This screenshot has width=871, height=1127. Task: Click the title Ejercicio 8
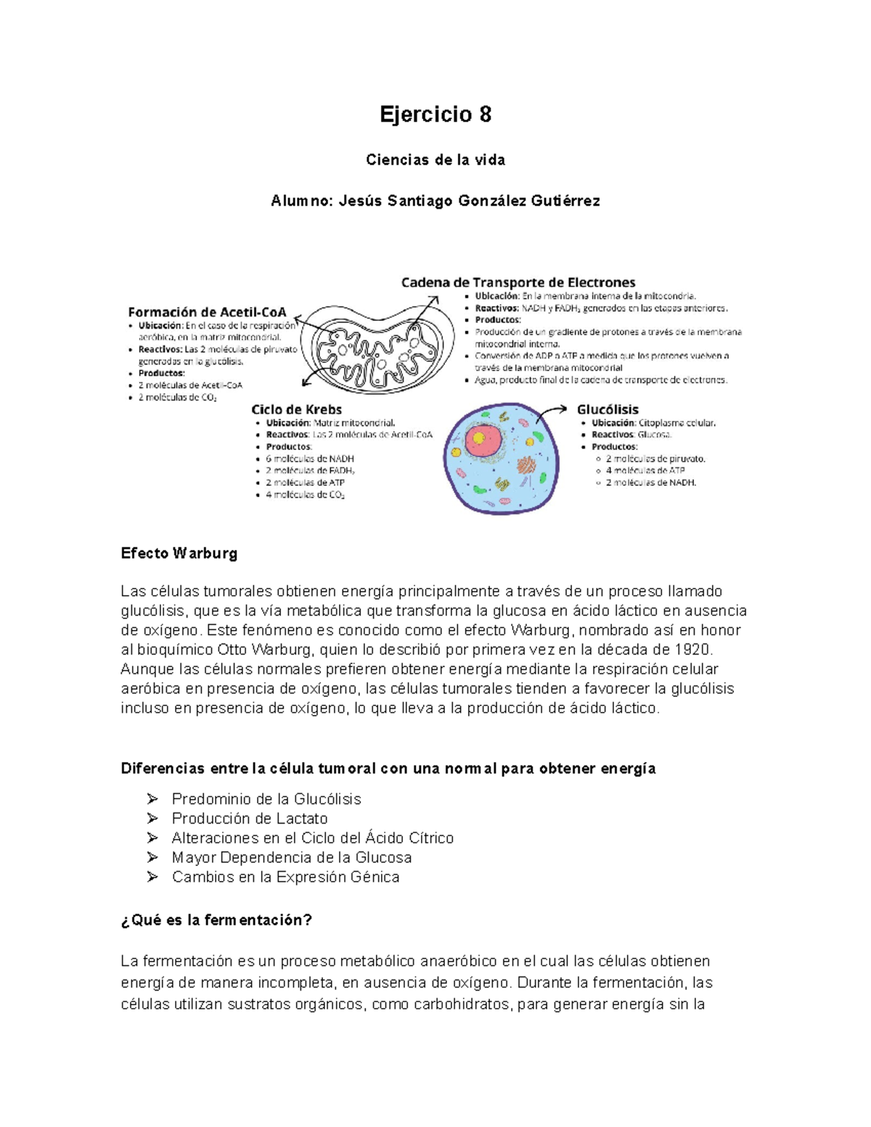[435, 115]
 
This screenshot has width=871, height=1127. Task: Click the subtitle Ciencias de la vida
[435, 160]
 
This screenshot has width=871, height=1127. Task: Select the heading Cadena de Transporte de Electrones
[518, 282]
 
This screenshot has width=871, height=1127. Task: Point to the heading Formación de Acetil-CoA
[207, 312]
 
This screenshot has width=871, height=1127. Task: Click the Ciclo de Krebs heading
[296, 409]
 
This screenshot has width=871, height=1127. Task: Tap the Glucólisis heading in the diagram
[608, 409]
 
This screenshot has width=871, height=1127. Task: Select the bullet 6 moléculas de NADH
[310, 459]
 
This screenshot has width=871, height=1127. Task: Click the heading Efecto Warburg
[179, 553]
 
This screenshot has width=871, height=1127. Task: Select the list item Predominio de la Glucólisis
[266, 799]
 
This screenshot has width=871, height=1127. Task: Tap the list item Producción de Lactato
[250, 819]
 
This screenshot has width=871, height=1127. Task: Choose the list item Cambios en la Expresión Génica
[285, 877]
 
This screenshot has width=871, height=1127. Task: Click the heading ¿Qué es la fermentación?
[216, 920]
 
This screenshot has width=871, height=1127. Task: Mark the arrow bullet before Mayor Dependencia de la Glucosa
[152, 857]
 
